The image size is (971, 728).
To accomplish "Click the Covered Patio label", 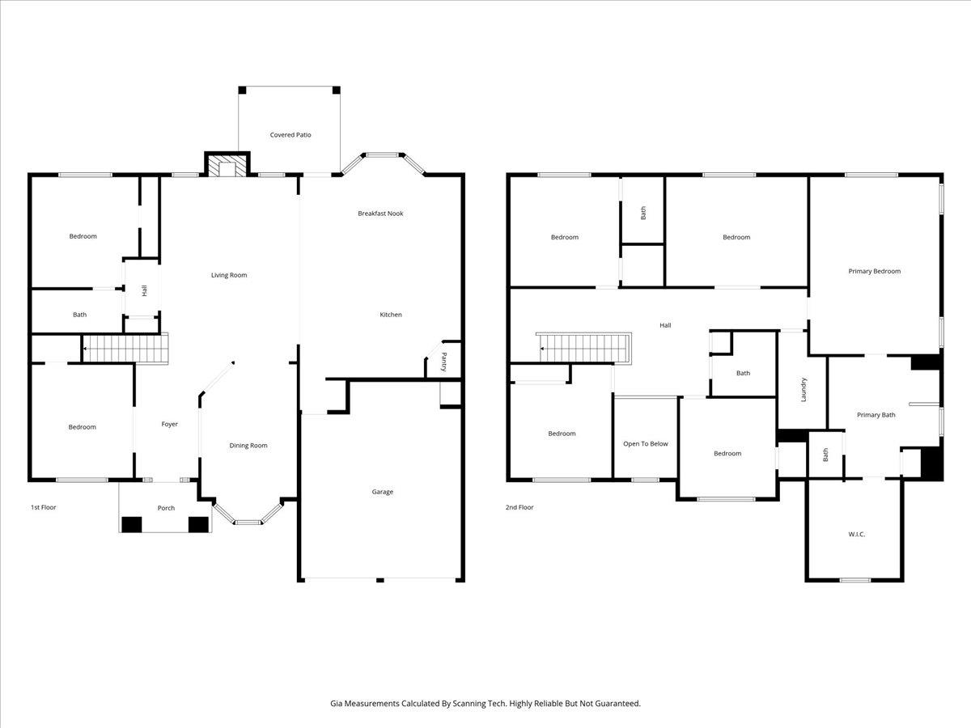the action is (290, 135).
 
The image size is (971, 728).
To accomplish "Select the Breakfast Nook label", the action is (380, 214).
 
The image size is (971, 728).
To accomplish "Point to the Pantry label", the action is (443, 362).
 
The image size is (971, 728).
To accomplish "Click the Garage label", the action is (382, 492).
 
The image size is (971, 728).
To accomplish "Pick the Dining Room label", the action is (248, 446).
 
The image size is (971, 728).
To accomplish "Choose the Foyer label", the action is (169, 425).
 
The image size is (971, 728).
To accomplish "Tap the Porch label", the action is (167, 508).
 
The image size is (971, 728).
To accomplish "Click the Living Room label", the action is (229, 275).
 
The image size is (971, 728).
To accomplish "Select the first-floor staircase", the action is (126, 349).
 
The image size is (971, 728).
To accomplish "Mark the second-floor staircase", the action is (584, 349).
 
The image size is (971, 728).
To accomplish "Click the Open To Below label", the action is (646, 444).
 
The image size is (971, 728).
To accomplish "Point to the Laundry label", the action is (804, 389).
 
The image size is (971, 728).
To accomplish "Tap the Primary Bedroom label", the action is (874, 272).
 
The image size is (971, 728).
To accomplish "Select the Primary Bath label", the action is (876, 415).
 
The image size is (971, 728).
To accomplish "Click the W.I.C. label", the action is (856, 535).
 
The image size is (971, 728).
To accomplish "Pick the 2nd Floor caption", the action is (519, 507).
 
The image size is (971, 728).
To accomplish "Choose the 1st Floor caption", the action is (44, 507).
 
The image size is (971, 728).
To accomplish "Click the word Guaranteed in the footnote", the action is (617, 703).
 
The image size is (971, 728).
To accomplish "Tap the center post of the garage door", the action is (380, 580).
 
